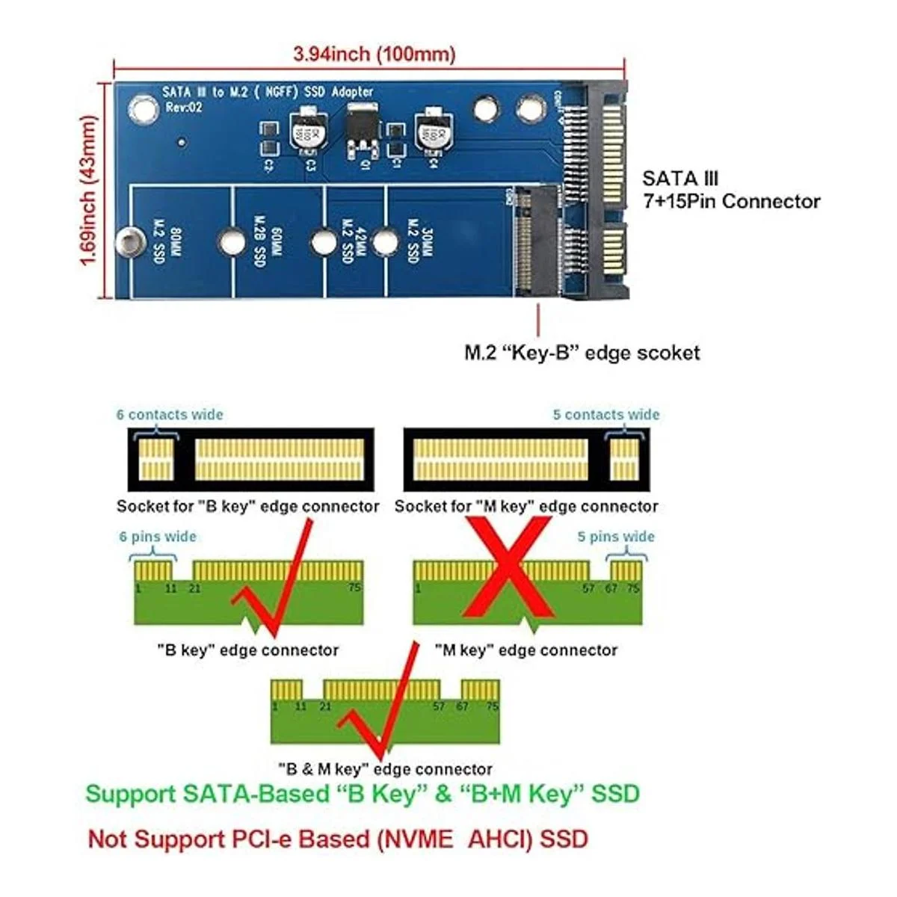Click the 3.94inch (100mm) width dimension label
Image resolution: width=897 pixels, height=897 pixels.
(x=374, y=55)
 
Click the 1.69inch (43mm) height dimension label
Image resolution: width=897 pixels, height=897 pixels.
(x=89, y=190)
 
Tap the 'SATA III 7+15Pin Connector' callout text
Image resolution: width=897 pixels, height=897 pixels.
(x=730, y=190)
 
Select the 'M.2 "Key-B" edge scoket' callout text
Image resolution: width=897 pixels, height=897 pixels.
(x=582, y=353)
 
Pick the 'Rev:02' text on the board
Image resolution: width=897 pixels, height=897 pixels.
(x=184, y=108)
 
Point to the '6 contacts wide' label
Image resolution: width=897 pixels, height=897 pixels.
(x=170, y=415)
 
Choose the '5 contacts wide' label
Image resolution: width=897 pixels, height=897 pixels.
(x=605, y=415)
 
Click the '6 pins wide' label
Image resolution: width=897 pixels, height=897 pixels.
(x=158, y=537)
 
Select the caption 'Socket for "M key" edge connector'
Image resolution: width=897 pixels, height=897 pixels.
(x=526, y=507)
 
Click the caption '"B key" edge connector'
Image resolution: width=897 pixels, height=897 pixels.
(x=247, y=650)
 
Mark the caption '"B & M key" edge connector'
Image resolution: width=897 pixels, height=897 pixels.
(x=384, y=769)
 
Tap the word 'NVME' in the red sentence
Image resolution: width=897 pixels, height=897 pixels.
(x=415, y=839)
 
